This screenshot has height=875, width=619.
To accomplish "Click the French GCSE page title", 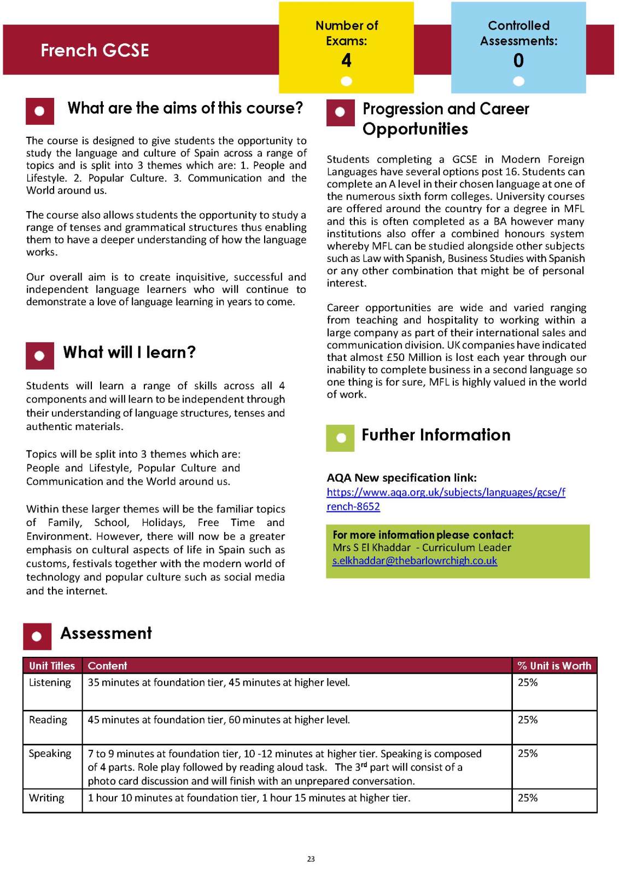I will point(95,50).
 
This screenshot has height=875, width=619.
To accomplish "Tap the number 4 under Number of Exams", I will point(346,60).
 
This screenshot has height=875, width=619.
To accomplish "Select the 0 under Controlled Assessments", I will point(518,60).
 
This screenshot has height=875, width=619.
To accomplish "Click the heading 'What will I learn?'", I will point(129,352).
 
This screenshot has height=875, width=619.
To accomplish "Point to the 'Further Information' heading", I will point(436,435).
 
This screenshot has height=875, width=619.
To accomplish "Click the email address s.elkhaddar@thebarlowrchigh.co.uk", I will point(414,561).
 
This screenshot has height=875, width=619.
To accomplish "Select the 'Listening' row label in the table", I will point(50,682).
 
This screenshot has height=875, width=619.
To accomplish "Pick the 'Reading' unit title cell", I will point(48,720).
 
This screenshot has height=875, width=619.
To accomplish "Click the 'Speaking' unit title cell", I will point(50,754).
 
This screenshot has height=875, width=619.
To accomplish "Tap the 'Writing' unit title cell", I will point(46,798).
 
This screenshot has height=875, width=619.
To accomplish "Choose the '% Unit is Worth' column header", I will point(554,666).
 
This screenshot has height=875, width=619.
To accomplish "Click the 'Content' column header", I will point(107,666).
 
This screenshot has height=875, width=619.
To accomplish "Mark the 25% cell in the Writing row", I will point(528,798).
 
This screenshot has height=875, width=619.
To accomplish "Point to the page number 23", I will point(311,859).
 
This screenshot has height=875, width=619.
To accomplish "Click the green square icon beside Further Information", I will point(340,438).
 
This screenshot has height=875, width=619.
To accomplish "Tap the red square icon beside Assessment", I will point(37,636).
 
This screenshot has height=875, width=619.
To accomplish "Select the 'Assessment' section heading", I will point(106,633).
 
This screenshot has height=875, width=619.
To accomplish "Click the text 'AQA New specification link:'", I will point(401,477).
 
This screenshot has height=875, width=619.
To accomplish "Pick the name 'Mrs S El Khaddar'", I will point(371,547).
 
